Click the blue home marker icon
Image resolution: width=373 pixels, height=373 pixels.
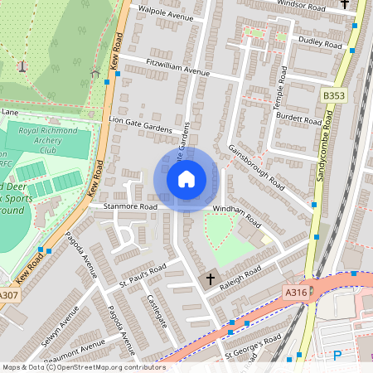(186, 179)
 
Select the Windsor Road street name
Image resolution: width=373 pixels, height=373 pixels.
(299, 5)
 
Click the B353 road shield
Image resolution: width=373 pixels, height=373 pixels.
(333, 97)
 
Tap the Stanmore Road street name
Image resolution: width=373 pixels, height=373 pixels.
(129, 206)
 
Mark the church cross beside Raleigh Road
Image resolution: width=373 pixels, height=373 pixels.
(211, 280)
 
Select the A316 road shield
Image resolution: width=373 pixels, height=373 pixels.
(296, 293)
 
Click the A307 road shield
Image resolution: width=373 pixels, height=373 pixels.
(8, 294)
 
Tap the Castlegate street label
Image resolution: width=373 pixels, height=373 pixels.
(156, 310)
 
